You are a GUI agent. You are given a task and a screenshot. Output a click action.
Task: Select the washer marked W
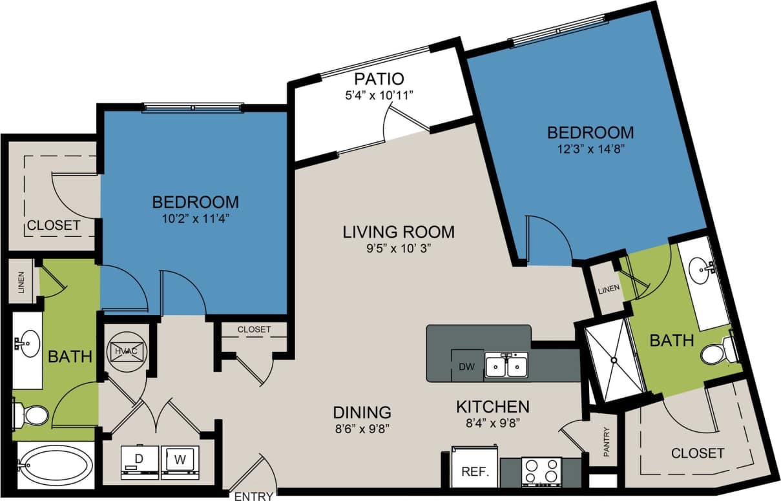click(x=180, y=461)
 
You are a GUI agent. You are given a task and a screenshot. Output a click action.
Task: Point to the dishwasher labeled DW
click(x=467, y=367)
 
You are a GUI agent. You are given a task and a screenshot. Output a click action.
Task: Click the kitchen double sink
click(x=507, y=365)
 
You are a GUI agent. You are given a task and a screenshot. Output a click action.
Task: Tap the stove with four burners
click(x=541, y=471)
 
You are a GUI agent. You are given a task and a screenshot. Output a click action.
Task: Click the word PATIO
click(x=379, y=79)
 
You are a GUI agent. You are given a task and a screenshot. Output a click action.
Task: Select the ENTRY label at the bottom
click(x=254, y=496)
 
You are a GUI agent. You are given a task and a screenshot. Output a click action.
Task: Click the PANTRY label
click(x=605, y=442)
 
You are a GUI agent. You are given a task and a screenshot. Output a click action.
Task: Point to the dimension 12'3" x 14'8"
click(x=590, y=148)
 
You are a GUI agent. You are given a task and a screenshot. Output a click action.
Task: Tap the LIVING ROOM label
click(x=399, y=231)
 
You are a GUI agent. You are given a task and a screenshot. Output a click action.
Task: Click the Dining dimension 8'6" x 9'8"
click(x=362, y=427)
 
